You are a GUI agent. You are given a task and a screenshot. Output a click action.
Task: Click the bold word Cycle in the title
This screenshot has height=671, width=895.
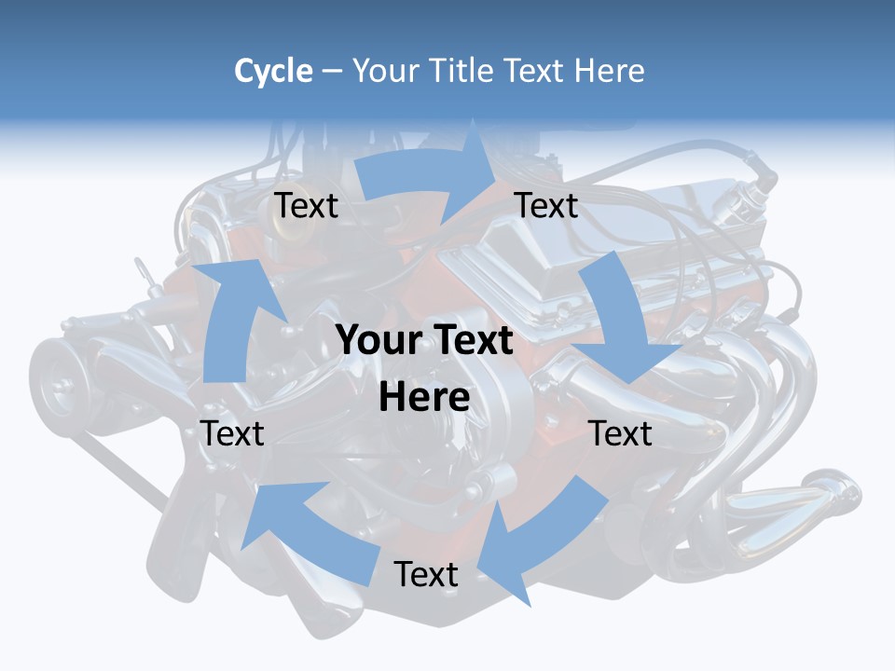pyautogui.click(x=273, y=71)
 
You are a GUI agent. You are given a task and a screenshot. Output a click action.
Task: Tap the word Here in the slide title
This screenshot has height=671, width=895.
pyautogui.click(x=609, y=71)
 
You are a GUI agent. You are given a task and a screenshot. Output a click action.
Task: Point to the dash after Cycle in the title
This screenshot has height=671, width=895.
pyautogui.click(x=332, y=72)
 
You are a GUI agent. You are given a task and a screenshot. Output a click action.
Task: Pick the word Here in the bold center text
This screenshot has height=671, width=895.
pyautogui.click(x=424, y=397)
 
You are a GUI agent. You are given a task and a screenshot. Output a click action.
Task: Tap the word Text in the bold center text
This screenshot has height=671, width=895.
pyautogui.click(x=471, y=340)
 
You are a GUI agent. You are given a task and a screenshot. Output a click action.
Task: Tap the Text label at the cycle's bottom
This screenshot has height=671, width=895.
pyautogui.click(x=425, y=574)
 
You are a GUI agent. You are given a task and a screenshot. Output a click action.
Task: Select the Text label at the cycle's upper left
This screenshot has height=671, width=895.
pyautogui.click(x=306, y=205)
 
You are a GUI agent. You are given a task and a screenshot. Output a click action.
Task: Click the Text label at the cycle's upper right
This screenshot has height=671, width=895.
pyautogui.click(x=546, y=205)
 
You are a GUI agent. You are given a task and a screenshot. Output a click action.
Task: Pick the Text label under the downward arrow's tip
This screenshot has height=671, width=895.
pyautogui.click(x=620, y=433)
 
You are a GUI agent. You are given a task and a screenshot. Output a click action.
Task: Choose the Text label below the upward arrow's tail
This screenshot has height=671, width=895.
pyautogui.click(x=232, y=433)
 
